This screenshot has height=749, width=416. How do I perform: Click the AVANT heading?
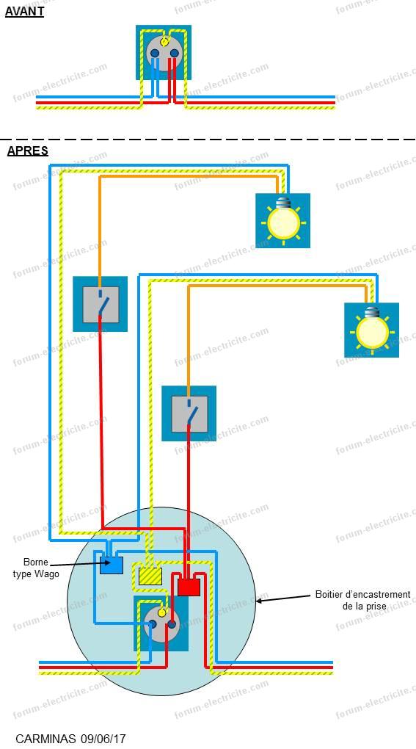point(24,12)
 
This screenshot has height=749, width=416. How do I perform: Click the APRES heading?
point(28,151)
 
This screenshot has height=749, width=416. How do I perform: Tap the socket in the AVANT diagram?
point(164,53)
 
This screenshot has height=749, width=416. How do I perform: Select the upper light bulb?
point(283,220)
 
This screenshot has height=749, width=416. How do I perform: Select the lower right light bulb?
point(372,330)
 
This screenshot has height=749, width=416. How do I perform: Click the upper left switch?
point(101,304)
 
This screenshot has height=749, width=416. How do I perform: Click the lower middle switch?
point(189,413)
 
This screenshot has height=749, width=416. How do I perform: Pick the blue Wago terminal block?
point(112,565)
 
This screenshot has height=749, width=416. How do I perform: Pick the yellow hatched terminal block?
point(150,576)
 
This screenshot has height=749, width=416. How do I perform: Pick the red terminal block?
point(189,587)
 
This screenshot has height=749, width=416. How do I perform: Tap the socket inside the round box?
point(161,623)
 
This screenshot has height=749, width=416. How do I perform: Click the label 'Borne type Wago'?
point(36,568)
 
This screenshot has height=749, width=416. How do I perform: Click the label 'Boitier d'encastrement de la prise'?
point(362,600)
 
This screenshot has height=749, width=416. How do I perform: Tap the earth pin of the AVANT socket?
point(164,42)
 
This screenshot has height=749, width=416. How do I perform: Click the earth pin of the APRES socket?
point(162,612)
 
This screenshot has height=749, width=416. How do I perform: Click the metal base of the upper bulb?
point(283,201)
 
